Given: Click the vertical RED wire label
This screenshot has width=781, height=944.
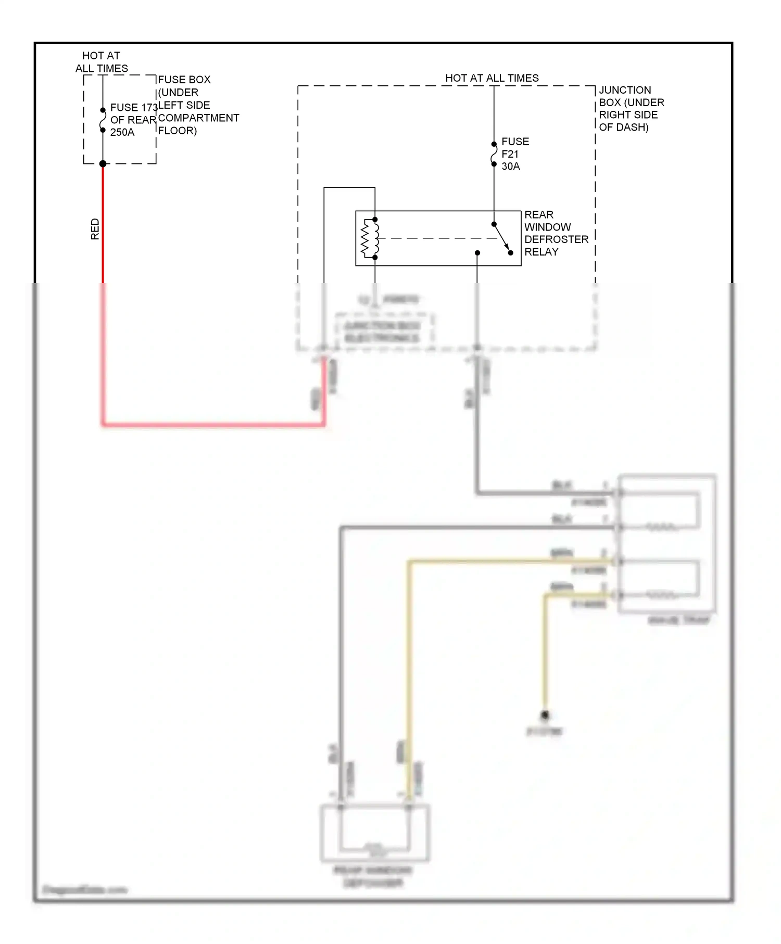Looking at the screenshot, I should [95, 229].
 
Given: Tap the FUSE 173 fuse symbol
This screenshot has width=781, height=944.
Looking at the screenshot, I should [103, 120].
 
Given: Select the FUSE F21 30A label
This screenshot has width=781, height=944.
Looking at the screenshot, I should [514, 154].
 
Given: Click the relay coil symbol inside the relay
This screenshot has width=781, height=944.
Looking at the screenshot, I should [371, 238].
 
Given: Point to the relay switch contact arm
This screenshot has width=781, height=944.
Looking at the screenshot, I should [502, 238].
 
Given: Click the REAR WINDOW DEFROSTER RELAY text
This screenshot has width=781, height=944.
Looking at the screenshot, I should [556, 233].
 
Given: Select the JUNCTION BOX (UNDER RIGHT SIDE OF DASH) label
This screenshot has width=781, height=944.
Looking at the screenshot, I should [631, 108].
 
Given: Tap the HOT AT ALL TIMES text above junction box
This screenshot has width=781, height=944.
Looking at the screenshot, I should [492, 78].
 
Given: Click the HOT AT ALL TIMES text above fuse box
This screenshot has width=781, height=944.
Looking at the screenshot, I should [101, 62].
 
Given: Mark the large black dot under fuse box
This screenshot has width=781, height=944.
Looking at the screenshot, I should [103, 164].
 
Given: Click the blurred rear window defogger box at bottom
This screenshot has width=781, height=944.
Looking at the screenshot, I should [374, 833].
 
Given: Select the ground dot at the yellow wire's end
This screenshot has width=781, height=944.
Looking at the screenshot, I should [545, 715].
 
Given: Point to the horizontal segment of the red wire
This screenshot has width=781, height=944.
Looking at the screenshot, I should [213, 425].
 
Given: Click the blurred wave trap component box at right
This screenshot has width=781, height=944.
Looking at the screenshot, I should [667, 544].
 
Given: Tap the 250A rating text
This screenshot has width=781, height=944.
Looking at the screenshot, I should [122, 132].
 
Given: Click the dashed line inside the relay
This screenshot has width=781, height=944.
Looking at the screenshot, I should [437, 238].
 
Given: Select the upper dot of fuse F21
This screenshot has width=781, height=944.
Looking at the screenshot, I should [494, 144].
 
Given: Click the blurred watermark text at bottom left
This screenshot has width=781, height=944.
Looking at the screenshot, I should [84, 889].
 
